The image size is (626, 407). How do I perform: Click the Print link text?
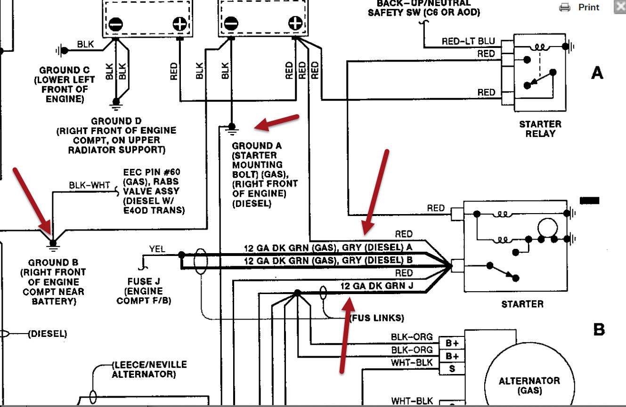point(589,7)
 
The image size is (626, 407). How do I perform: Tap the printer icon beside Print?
point(564,7)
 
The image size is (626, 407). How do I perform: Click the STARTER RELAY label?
point(540,128)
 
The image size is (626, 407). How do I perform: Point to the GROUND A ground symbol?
point(231,128)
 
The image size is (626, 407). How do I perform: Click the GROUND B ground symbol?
point(53,243)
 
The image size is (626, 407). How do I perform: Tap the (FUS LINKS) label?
point(377,318)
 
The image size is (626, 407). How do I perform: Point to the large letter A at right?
point(597,73)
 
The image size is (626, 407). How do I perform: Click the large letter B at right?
point(598,329)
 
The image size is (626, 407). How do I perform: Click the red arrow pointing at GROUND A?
point(276,122)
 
